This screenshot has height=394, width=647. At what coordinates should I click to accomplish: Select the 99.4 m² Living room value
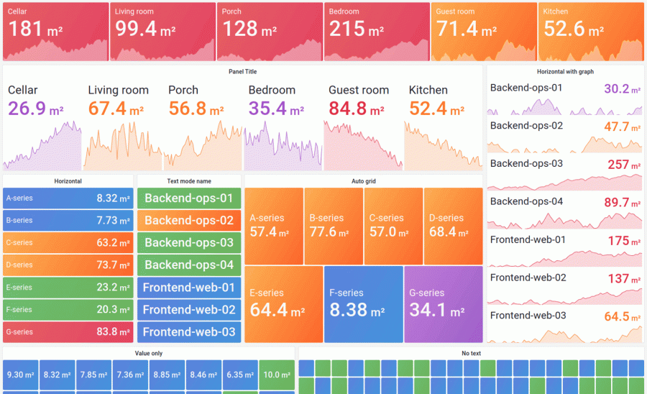tap(144, 29)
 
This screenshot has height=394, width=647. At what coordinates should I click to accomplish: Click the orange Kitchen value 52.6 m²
tap(573, 29)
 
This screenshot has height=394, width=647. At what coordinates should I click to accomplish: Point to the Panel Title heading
tap(242, 72)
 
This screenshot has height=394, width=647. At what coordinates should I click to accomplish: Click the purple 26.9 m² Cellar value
tap(36, 109)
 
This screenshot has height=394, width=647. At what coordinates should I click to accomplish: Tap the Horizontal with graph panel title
tap(565, 72)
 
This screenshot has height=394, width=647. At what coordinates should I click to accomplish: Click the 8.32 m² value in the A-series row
tap(113, 198)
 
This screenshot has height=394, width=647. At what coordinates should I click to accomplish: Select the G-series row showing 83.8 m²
tap(68, 331)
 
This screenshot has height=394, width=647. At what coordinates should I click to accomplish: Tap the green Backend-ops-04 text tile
tap(188, 265)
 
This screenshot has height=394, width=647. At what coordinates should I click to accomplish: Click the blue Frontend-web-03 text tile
tap(188, 332)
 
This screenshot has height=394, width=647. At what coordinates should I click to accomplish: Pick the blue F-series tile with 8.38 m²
tap(362, 303)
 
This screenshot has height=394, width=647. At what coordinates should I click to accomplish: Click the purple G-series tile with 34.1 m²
tap(443, 303)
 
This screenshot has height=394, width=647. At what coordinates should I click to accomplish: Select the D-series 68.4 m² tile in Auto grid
tap(452, 224)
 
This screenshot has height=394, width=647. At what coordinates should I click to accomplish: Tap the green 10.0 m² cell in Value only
tap(276, 375)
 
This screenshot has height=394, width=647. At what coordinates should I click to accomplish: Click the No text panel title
tap(472, 353)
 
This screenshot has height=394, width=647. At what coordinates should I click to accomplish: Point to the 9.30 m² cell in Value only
tap(20, 375)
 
